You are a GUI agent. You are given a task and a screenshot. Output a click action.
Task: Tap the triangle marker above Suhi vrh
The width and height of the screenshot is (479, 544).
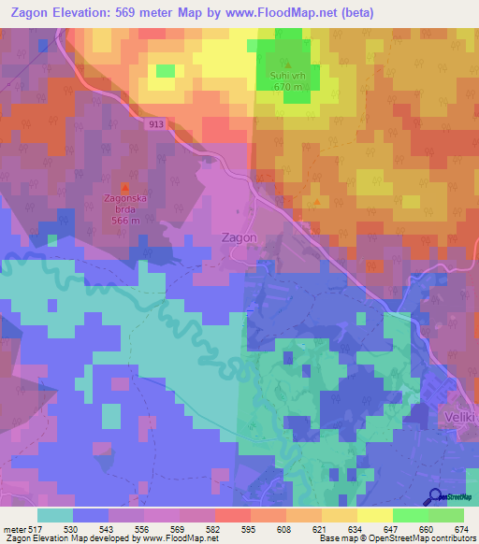click(x=288, y=64)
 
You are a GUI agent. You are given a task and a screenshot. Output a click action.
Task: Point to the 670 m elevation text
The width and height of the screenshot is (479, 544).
click(x=288, y=88)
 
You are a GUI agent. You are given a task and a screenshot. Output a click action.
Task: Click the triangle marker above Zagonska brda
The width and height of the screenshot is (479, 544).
click(x=124, y=187)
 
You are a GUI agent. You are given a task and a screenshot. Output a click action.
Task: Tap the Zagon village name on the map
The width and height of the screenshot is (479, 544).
click(x=239, y=237)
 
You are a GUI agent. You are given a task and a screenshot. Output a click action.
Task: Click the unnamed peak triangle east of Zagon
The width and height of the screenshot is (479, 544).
click(x=318, y=200)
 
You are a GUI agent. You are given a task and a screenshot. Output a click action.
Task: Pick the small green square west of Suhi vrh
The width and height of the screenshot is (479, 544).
click(x=165, y=71)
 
